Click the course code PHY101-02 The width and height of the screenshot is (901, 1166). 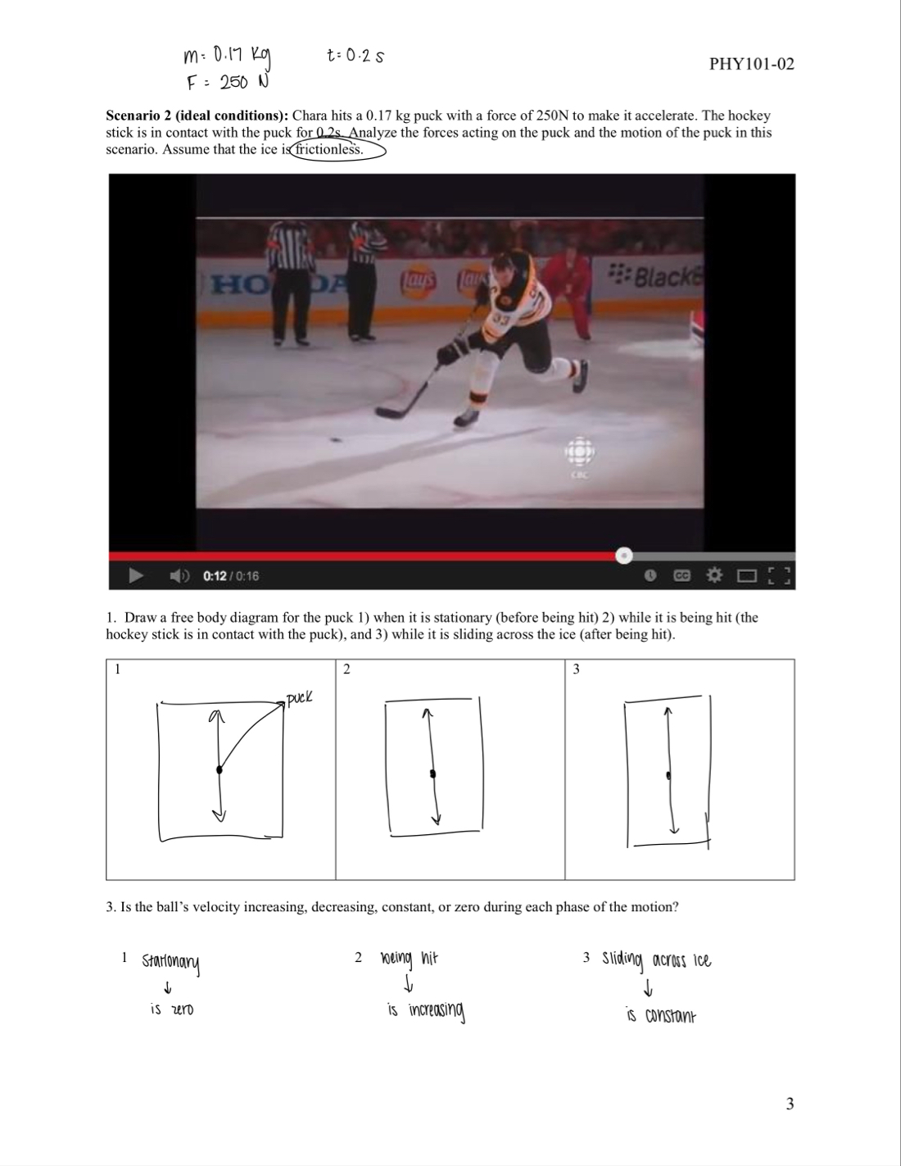click(x=751, y=64)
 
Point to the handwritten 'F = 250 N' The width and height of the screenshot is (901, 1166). click(x=227, y=83)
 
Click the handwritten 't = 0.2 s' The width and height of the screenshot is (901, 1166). click(x=355, y=56)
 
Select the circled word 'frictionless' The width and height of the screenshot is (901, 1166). click(x=330, y=149)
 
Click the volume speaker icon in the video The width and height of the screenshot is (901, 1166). click(x=179, y=576)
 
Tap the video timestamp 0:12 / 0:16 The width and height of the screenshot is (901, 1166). click(x=230, y=576)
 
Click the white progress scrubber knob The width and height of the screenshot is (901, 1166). click(x=624, y=556)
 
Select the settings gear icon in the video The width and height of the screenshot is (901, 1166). click(x=713, y=576)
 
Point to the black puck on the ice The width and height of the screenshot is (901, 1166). click(x=335, y=440)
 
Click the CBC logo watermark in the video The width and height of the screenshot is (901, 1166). click(x=579, y=456)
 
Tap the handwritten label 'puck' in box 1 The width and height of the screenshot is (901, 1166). click(x=299, y=698)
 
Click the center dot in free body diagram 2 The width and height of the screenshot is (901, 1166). click(x=432, y=774)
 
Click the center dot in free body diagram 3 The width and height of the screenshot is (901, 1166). click(x=669, y=774)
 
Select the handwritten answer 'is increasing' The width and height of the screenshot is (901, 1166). click(x=426, y=1011)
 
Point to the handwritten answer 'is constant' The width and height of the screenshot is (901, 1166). click(x=660, y=1016)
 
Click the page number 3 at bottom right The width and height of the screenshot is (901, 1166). click(x=790, y=1104)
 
